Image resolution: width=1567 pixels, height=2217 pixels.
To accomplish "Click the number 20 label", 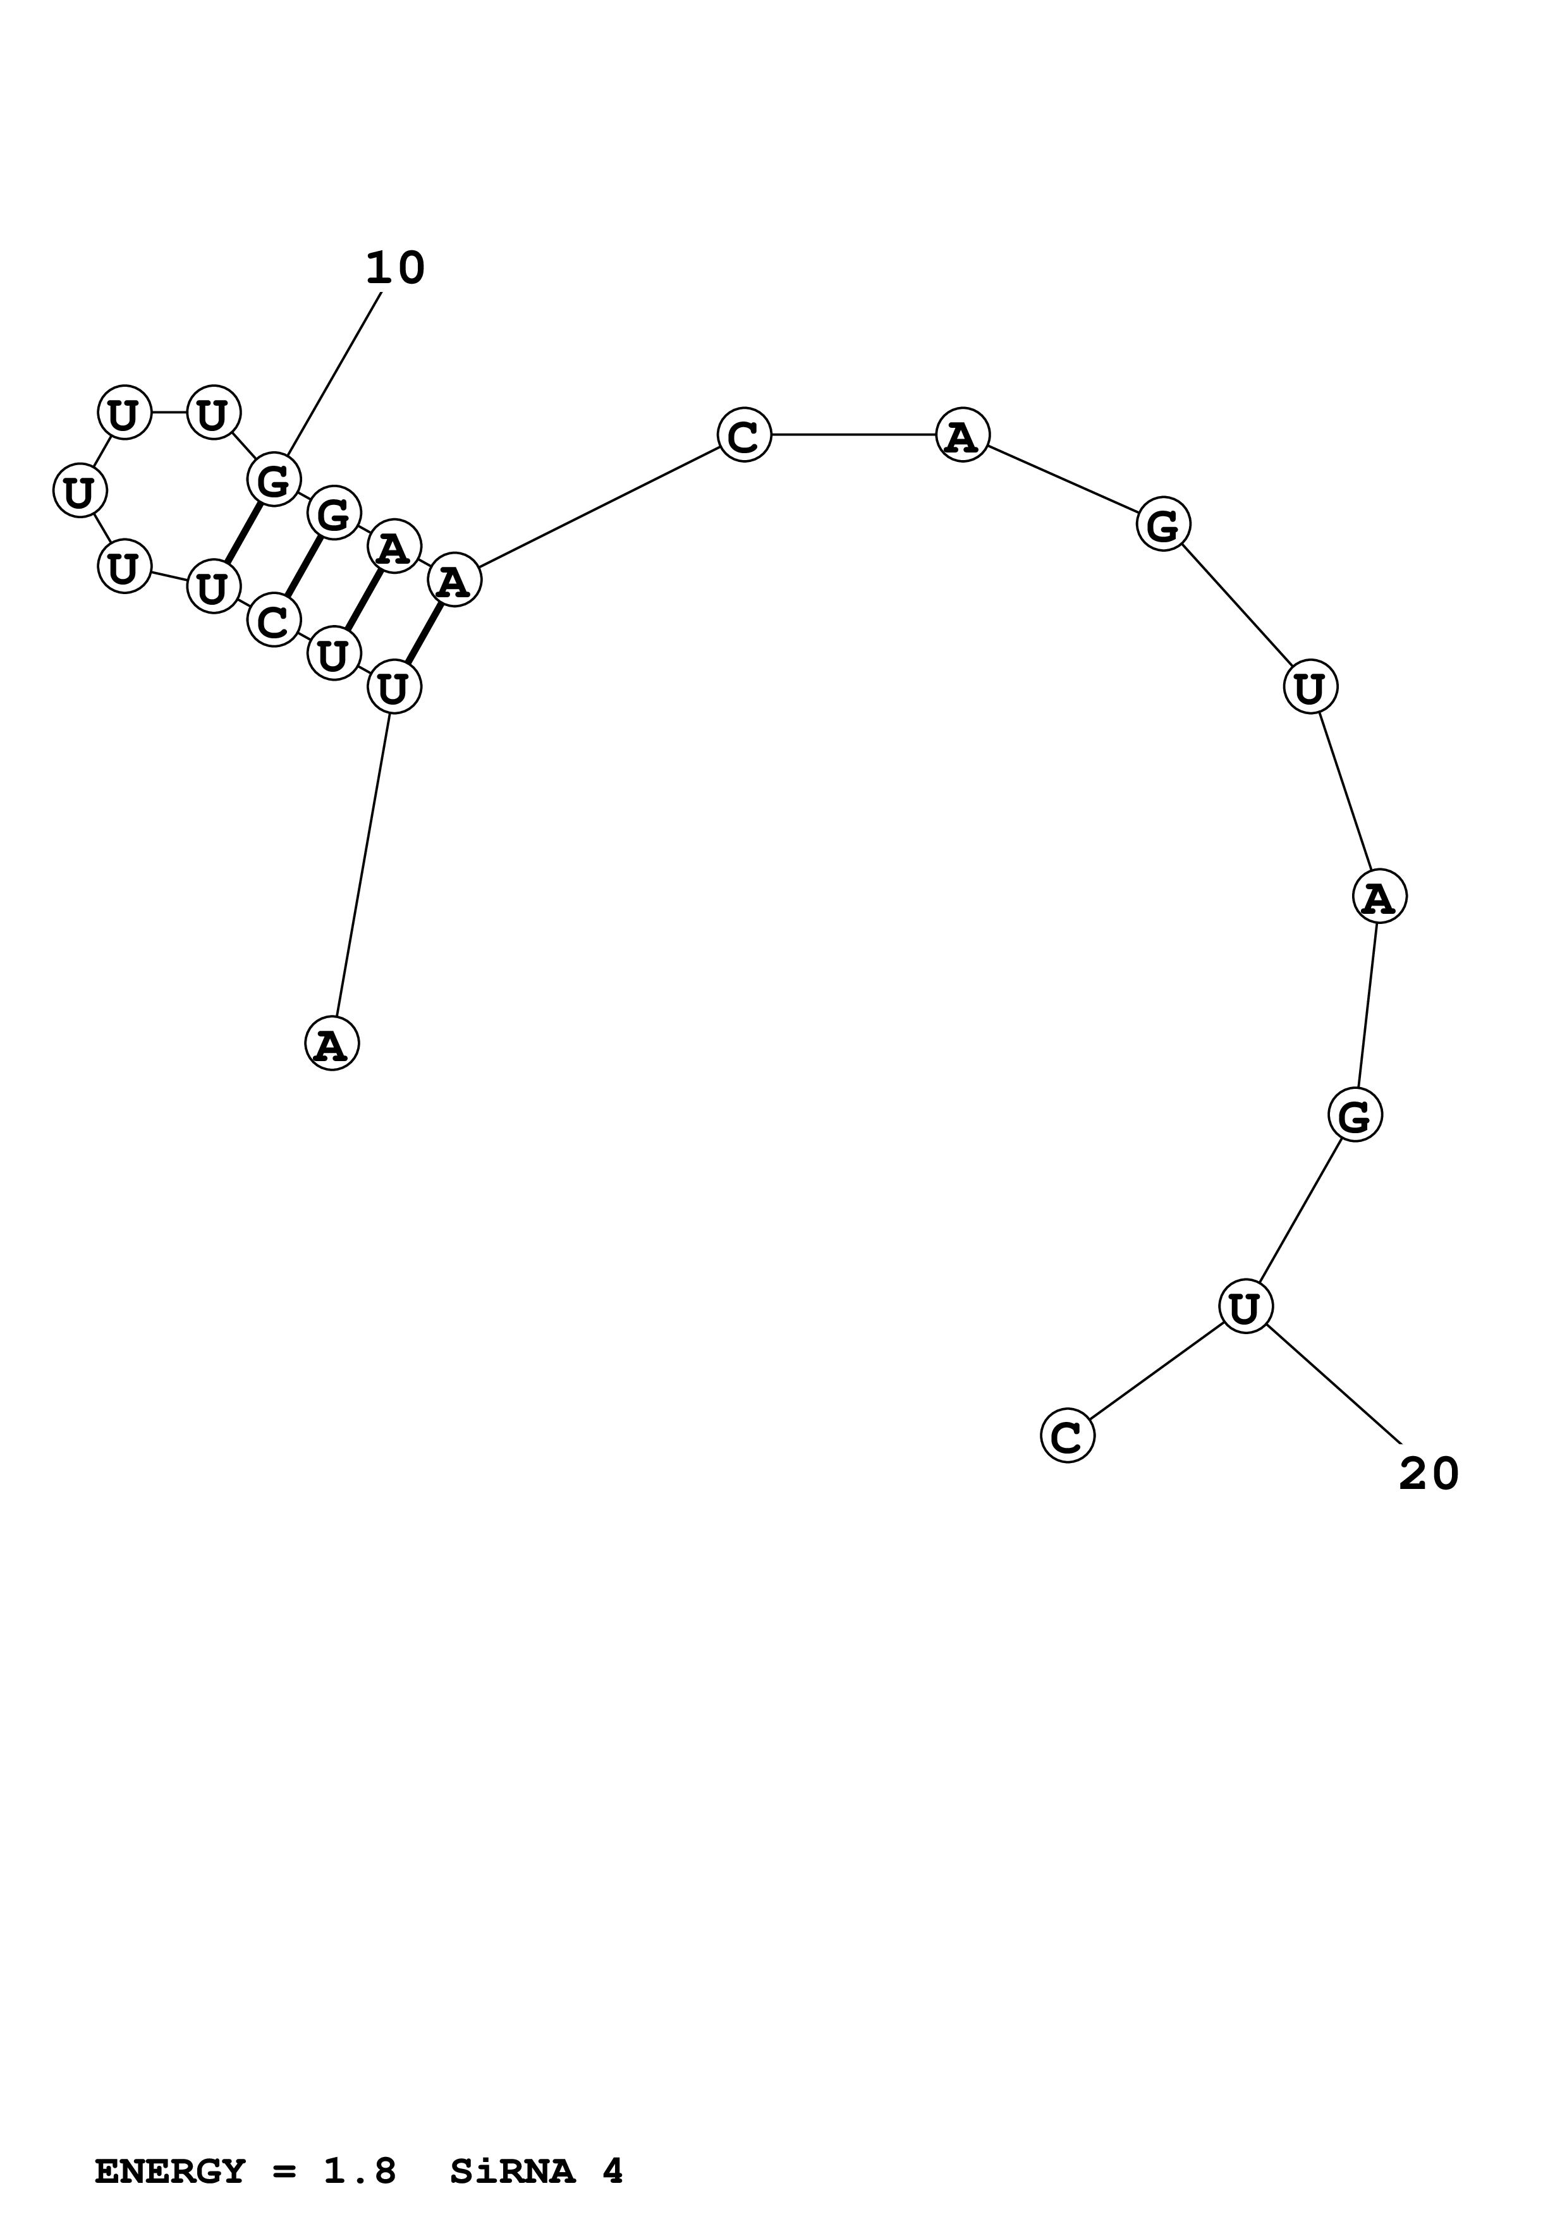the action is pos(1429,1474).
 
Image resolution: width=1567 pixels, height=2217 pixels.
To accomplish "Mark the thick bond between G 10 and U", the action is pos(243,533).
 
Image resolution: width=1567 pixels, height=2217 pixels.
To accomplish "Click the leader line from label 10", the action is pos(334,373).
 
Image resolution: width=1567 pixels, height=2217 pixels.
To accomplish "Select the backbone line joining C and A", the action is pos(853,435).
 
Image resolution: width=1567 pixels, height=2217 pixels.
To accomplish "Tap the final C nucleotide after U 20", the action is pos(1067,1436).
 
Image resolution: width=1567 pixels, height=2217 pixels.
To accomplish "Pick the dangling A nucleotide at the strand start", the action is pos(331,1044).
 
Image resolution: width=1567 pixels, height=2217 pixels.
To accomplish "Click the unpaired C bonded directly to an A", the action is pos(745,435).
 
